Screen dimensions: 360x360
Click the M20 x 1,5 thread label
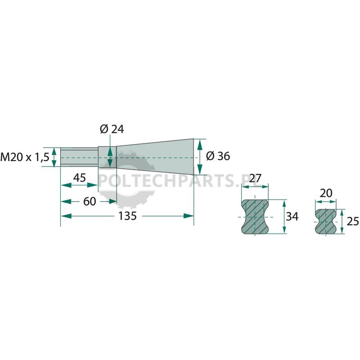point(25,157)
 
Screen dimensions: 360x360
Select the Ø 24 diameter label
point(112,129)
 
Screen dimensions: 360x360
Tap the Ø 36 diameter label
point(218,156)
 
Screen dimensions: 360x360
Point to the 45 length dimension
point(80,178)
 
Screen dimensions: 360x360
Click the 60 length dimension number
point(90,201)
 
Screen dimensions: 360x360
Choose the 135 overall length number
point(127,216)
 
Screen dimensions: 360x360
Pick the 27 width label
point(255,178)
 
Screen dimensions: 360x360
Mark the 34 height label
point(292,216)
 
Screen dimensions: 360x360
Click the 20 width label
point(326,193)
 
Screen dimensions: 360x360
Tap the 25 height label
point(353,221)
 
